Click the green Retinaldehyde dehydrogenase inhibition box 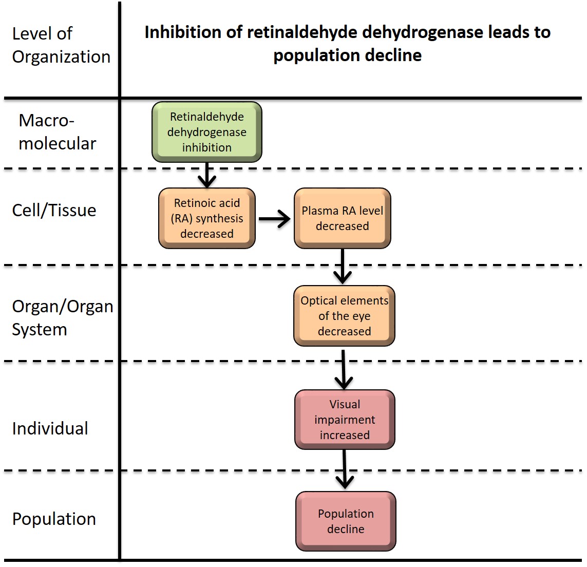point(207,132)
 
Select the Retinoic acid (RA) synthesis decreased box point(207,218)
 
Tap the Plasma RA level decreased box point(343,218)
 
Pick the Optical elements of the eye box point(344,316)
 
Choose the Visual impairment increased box point(345,420)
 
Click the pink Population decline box point(346,521)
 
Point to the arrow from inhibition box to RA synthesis point(207,175)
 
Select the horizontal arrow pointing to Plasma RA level point(274,219)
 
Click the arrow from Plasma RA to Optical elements point(343,267)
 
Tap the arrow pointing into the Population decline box point(345,469)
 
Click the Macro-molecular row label point(57,132)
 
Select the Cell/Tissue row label point(54,210)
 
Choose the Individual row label point(50,428)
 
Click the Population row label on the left point(54,519)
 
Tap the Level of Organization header point(61,45)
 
